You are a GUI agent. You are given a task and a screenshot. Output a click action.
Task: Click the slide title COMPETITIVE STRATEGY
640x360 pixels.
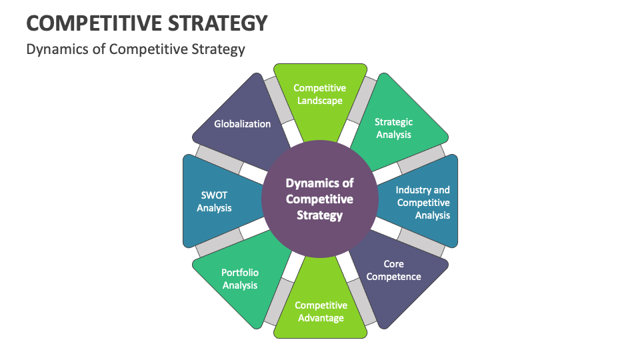click(147, 23)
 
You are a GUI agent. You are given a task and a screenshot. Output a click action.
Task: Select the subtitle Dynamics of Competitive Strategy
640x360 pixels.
click(135, 49)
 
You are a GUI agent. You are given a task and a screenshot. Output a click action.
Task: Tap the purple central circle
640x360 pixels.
click(319, 199)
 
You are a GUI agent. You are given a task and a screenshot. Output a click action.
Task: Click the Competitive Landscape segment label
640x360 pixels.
click(320, 94)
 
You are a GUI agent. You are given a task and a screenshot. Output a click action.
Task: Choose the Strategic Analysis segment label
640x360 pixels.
click(393, 128)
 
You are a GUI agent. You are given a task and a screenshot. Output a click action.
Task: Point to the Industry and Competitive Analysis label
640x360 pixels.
click(423, 203)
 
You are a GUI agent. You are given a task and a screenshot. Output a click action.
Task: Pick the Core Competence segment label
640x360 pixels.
click(393, 270)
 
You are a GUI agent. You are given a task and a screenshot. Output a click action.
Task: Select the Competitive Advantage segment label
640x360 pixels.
click(321, 311)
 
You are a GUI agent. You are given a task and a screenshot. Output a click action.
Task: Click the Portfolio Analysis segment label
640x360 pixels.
click(240, 279)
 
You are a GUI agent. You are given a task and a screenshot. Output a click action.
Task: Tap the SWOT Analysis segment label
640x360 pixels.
click(214, 201)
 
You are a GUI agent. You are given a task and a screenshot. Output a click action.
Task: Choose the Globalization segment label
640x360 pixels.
click(242, 123)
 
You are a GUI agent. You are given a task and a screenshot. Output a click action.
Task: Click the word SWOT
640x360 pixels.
click(214, 195)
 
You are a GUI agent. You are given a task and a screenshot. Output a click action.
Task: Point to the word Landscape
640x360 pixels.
click(320, 101)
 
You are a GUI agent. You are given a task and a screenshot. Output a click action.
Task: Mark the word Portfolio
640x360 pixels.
click(240, 273)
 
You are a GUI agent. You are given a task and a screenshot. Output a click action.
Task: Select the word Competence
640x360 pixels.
click(393, 276)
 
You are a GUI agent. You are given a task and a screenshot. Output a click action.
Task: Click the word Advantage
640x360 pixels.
click(321, 318)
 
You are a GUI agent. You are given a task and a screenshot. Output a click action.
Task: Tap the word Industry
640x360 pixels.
click(413, 190)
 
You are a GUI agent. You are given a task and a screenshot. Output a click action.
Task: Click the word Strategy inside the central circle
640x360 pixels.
click(319, 215)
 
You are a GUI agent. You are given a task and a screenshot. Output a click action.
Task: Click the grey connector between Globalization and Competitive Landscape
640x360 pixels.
click(279, 100)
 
